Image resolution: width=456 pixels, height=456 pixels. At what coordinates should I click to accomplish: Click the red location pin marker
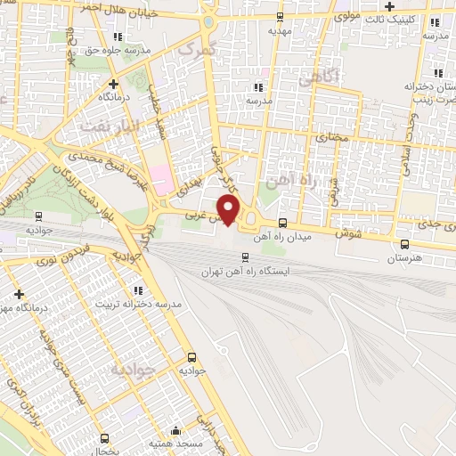pos(230,209)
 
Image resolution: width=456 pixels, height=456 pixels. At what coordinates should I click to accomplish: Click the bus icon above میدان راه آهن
pos(282,223)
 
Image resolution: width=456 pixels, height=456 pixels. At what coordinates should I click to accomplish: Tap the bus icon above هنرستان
pos(405,244)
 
